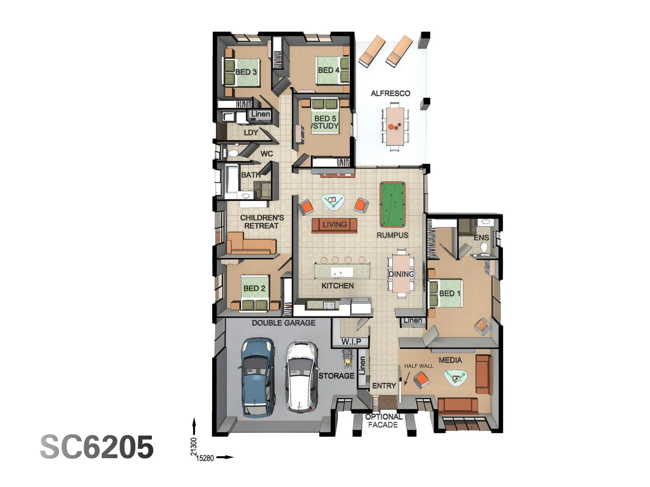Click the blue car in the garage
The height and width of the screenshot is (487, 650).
256,377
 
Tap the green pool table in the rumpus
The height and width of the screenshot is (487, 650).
393,204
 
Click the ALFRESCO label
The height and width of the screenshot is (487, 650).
390,93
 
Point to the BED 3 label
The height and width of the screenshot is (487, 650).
246,72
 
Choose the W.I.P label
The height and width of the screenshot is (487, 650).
351,341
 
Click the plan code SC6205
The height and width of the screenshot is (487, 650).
97,447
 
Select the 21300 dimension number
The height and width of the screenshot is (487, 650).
194,446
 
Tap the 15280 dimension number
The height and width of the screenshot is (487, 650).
205,458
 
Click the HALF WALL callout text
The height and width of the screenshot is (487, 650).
418,366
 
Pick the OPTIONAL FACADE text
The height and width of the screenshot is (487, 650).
383,421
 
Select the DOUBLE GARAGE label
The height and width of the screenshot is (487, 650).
283,323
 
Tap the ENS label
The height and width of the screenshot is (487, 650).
481,238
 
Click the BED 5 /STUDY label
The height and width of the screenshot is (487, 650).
325,122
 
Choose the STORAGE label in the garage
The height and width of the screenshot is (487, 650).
336,376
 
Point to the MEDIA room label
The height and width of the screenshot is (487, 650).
450,360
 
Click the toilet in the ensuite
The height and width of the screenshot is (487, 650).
484,248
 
